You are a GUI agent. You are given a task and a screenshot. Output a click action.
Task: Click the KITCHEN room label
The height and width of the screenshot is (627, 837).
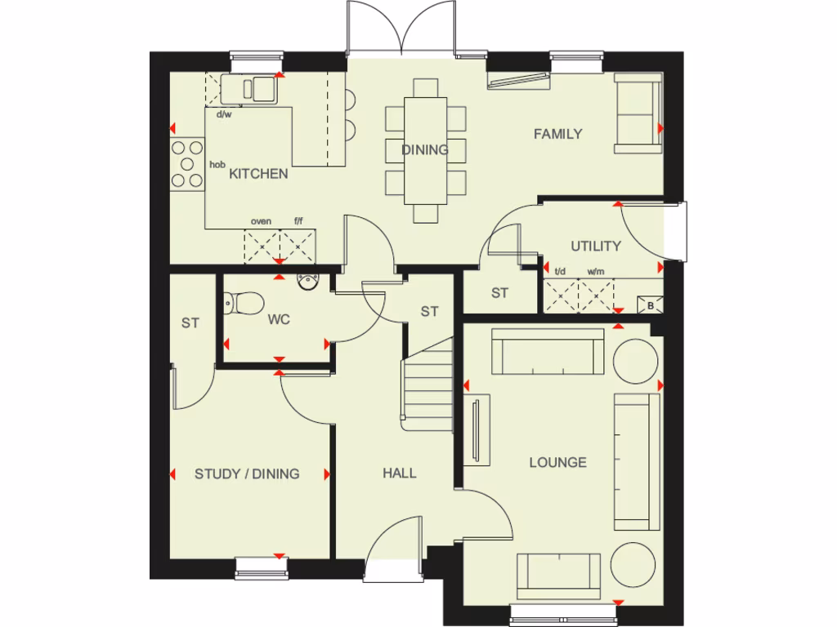(258, 174)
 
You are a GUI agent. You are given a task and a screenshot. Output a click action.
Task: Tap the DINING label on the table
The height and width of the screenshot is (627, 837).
(425, 150)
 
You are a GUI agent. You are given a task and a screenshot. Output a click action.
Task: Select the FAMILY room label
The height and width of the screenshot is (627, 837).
(558, 134)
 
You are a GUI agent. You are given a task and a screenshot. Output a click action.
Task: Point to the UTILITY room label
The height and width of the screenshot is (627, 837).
(596, 246)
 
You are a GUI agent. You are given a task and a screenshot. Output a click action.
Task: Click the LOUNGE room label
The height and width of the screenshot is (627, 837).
(558, 463)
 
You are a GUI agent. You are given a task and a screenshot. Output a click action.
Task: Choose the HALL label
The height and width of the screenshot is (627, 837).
(400, 473)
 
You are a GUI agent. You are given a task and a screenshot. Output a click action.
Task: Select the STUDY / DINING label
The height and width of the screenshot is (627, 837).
(247, 474)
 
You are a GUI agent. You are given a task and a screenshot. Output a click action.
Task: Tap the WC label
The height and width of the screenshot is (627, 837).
(280, 320)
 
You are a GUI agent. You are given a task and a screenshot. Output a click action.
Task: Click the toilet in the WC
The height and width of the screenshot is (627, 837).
(244, 303)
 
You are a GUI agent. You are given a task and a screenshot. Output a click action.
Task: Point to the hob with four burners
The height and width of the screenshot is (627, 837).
(187, 165)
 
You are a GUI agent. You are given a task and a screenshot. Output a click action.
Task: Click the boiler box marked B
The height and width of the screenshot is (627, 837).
(651, 306)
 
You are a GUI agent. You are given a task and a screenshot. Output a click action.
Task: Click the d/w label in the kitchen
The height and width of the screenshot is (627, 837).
(224, 114)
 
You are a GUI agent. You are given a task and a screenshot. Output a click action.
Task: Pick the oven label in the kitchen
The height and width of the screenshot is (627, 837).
(261, 221)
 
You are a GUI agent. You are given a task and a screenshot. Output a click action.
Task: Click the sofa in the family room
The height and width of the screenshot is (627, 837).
(638, 113)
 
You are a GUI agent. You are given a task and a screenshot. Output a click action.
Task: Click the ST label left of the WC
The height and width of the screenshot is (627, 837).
(190, 323)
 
